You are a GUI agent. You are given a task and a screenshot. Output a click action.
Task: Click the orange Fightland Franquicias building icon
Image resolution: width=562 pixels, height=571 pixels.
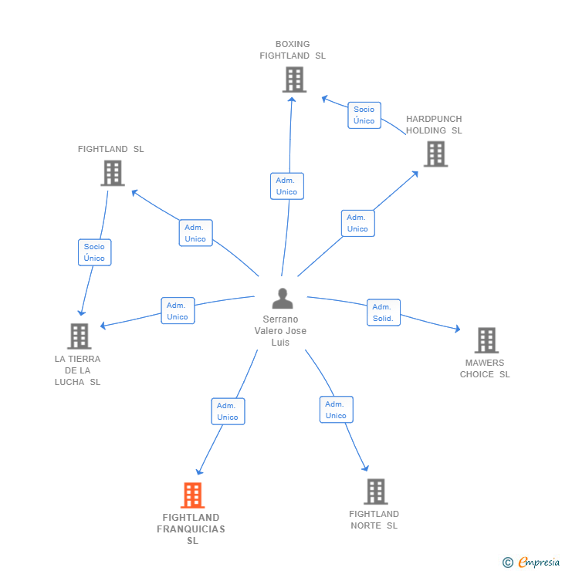tap(192, 495)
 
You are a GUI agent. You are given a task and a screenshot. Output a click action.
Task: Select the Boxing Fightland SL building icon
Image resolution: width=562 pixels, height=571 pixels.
tap(293, 79)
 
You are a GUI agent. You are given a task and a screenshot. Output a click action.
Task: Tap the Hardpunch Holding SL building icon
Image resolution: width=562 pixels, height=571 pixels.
tap(435, 154)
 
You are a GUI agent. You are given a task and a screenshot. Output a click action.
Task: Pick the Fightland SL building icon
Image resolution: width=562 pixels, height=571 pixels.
tap(112, 173)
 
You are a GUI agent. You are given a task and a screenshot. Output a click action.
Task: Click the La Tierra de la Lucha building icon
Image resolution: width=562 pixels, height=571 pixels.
tap(79, 336)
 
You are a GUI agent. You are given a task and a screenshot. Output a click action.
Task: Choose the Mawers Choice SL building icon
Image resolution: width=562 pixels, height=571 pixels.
tap(486, 340)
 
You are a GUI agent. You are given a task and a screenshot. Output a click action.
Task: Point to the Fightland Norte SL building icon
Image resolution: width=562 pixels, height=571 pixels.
tap(375, 492)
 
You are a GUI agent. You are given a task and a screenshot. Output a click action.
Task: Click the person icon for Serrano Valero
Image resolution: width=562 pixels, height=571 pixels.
tap(283, 299)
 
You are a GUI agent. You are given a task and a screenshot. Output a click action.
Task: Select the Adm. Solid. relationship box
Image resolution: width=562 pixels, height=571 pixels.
tap(383, 313)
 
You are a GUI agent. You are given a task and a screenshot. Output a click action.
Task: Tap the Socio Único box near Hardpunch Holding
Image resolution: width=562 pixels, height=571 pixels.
tap(364, 115)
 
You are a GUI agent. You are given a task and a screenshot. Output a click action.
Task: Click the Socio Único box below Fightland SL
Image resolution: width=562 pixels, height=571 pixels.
tap(94, 252)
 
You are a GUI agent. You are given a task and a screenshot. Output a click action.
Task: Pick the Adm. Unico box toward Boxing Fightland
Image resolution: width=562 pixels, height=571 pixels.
tap(286, 186)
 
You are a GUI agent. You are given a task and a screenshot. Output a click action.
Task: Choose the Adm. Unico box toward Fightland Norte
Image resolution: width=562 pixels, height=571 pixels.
tap(336, 410)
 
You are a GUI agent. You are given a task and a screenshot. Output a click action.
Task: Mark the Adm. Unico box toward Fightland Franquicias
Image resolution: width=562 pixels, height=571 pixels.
tap(228, 411)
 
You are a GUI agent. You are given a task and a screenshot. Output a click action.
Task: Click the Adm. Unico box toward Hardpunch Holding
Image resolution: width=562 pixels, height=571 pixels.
tap(357, 223)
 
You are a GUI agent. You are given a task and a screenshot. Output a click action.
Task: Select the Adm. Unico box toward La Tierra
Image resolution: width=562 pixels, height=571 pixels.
tap(178, 311)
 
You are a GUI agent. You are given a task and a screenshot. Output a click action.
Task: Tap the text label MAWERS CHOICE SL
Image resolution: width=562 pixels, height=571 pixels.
tap(485, 369)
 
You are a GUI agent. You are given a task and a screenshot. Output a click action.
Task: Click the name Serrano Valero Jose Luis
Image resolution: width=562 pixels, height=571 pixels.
tap(280, 331)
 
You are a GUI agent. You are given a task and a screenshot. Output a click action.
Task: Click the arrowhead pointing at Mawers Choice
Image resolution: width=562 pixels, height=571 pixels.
tap(457, 329)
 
